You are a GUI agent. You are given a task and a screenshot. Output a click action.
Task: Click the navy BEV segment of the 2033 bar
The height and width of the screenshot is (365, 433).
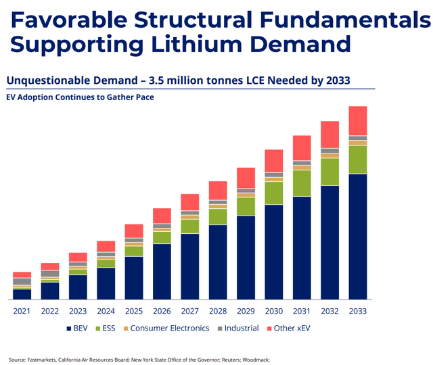pos(357,237)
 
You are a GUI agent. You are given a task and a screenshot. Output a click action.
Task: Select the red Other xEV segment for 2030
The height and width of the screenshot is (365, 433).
pos(273,160)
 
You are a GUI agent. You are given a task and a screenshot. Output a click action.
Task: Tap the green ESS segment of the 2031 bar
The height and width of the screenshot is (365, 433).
pos(302,182)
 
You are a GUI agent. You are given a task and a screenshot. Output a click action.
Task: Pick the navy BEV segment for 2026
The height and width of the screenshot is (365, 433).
pos(162,271)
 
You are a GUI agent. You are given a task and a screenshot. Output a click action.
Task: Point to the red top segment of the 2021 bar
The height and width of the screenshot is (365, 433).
pos(22,275)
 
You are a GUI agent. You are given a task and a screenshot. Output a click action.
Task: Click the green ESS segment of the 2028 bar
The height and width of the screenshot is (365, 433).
pos(218,216)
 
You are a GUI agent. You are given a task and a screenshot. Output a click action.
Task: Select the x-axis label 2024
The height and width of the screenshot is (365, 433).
pos(106,312)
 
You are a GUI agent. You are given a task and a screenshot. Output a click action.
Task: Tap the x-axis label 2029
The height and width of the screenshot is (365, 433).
pos(246,312)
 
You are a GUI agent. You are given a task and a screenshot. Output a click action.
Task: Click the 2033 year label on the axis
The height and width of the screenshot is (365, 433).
pos(357,312)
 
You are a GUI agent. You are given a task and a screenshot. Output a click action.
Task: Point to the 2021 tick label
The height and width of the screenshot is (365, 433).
pos(22,312)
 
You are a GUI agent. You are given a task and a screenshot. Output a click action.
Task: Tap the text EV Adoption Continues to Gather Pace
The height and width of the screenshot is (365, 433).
pos(80,97)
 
